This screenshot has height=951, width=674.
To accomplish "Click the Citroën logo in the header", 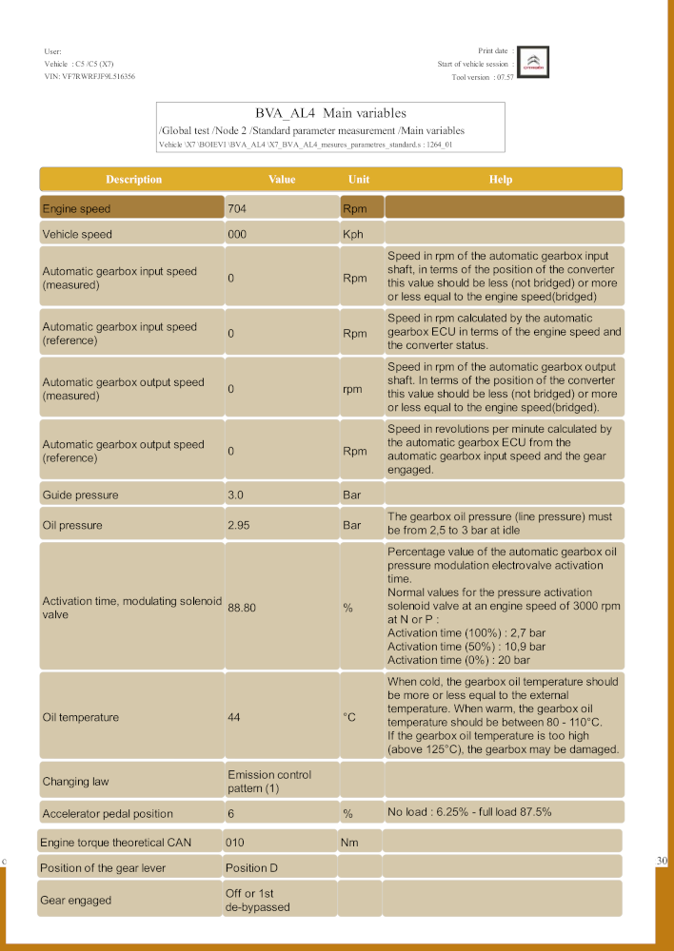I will point(535,64).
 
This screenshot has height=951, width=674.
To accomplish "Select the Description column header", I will point(133,179).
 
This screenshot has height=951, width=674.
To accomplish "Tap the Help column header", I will point(501,179).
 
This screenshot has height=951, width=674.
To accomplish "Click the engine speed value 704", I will point(237,208).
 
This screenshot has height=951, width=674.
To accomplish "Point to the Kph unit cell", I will point(352,234).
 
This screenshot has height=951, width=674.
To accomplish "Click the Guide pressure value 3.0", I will point(236,495).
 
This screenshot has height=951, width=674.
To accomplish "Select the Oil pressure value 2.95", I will point(239,525).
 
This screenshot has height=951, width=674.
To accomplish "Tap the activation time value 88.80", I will point(242,609).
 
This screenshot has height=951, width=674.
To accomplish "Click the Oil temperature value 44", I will point(234,717).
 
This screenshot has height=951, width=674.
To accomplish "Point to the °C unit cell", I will point(349,717).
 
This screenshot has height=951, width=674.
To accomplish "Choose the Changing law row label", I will point(75,782).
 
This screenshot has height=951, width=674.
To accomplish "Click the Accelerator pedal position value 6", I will point(231,813).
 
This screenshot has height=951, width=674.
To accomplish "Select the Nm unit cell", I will point(349,843).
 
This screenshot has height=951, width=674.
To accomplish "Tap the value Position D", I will point(252,868).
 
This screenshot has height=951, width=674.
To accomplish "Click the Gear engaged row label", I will point(76,900).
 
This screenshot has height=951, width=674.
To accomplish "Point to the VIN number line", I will point(89,76).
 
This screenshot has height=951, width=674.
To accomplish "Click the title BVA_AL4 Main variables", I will point(330,113).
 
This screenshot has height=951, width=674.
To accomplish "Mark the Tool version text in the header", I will point(483,77).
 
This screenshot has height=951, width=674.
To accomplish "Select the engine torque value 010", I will point(235,843).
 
